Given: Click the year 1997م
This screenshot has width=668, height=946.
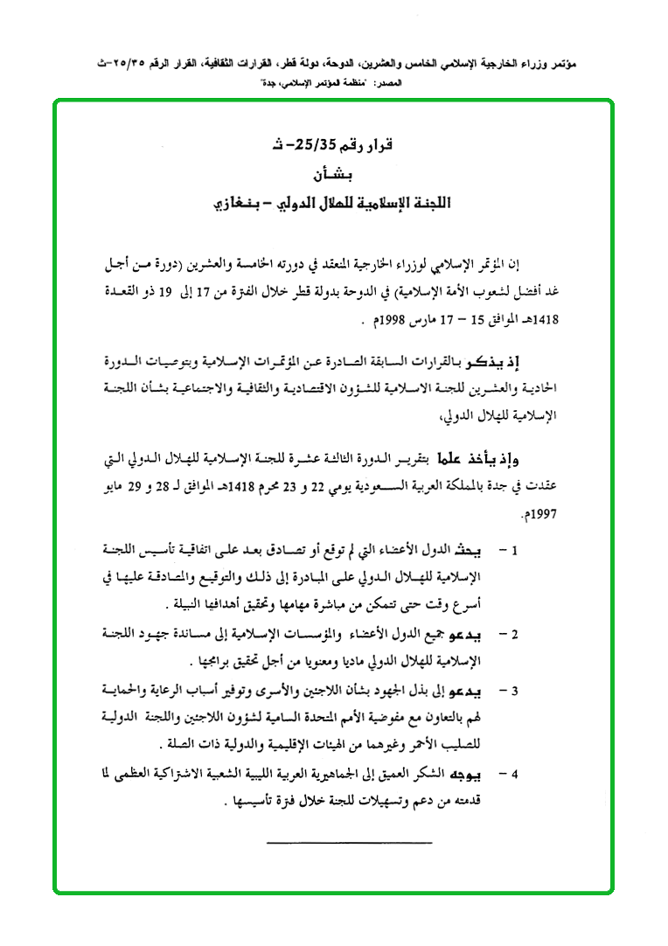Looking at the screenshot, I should [x=540, y=516].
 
